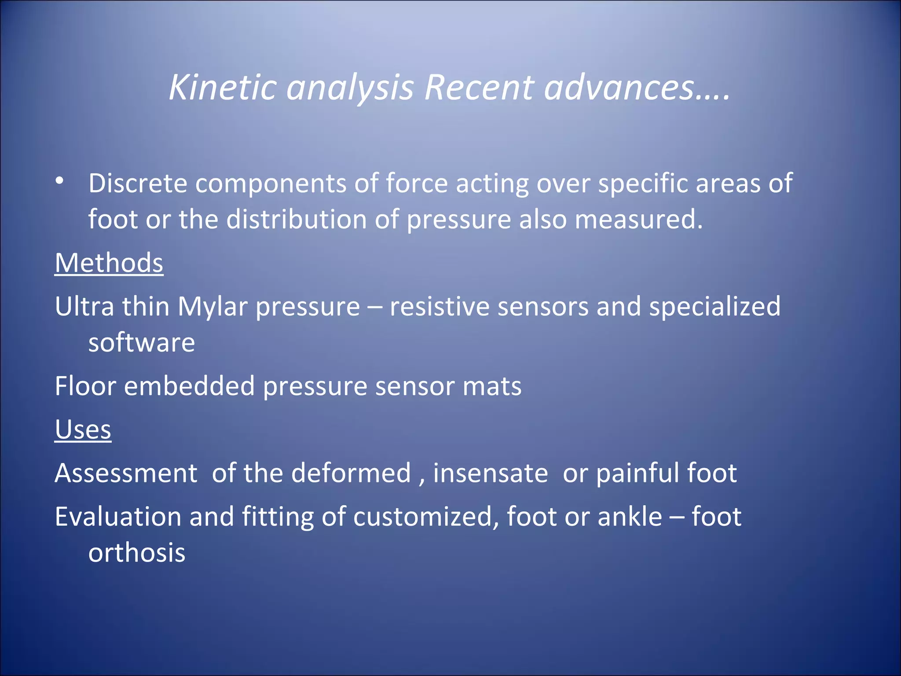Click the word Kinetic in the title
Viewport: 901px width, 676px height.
[x=222, y=87]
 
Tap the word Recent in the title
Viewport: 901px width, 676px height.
[x=479, y=87]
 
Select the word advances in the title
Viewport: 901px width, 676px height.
[x=619, y=87]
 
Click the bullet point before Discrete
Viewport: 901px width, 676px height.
[x=60, y=181]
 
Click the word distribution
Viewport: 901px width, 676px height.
[x=297, y=219]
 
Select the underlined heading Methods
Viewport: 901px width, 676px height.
[x=109, y=263]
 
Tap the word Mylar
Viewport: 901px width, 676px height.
[x=212, y=307]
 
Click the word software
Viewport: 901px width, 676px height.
[x=141, y=343]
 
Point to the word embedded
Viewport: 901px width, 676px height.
[x=189, y=386]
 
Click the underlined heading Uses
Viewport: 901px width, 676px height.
[x=83, y=430]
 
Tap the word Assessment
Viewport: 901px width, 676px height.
[x=126, y=473]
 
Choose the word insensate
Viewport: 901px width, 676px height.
[x=490, y=473]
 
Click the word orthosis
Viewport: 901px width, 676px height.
[x=137, y=553]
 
